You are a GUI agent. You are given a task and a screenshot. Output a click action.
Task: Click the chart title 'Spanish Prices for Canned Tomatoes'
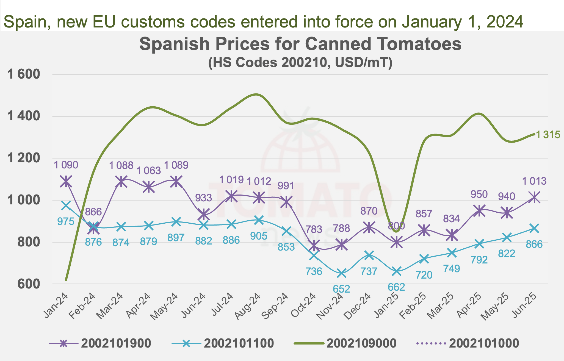pos(300,44)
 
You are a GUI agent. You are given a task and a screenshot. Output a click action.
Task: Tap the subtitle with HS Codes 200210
pos(300,63)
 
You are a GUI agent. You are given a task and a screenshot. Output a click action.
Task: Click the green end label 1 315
pos(548,135)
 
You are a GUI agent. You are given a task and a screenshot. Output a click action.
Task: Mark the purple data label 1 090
pos(66,165)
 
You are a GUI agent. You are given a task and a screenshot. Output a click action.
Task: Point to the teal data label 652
pos(341,289)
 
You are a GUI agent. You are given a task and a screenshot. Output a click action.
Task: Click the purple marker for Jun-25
pos(534,197)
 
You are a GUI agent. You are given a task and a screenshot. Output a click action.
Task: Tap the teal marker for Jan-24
pos(66,206)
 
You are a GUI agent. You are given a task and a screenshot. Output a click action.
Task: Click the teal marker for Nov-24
pos(341,273)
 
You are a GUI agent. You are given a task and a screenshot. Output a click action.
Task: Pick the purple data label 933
pos(204,198)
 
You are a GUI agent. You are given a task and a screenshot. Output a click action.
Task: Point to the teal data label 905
pos(259,236)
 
